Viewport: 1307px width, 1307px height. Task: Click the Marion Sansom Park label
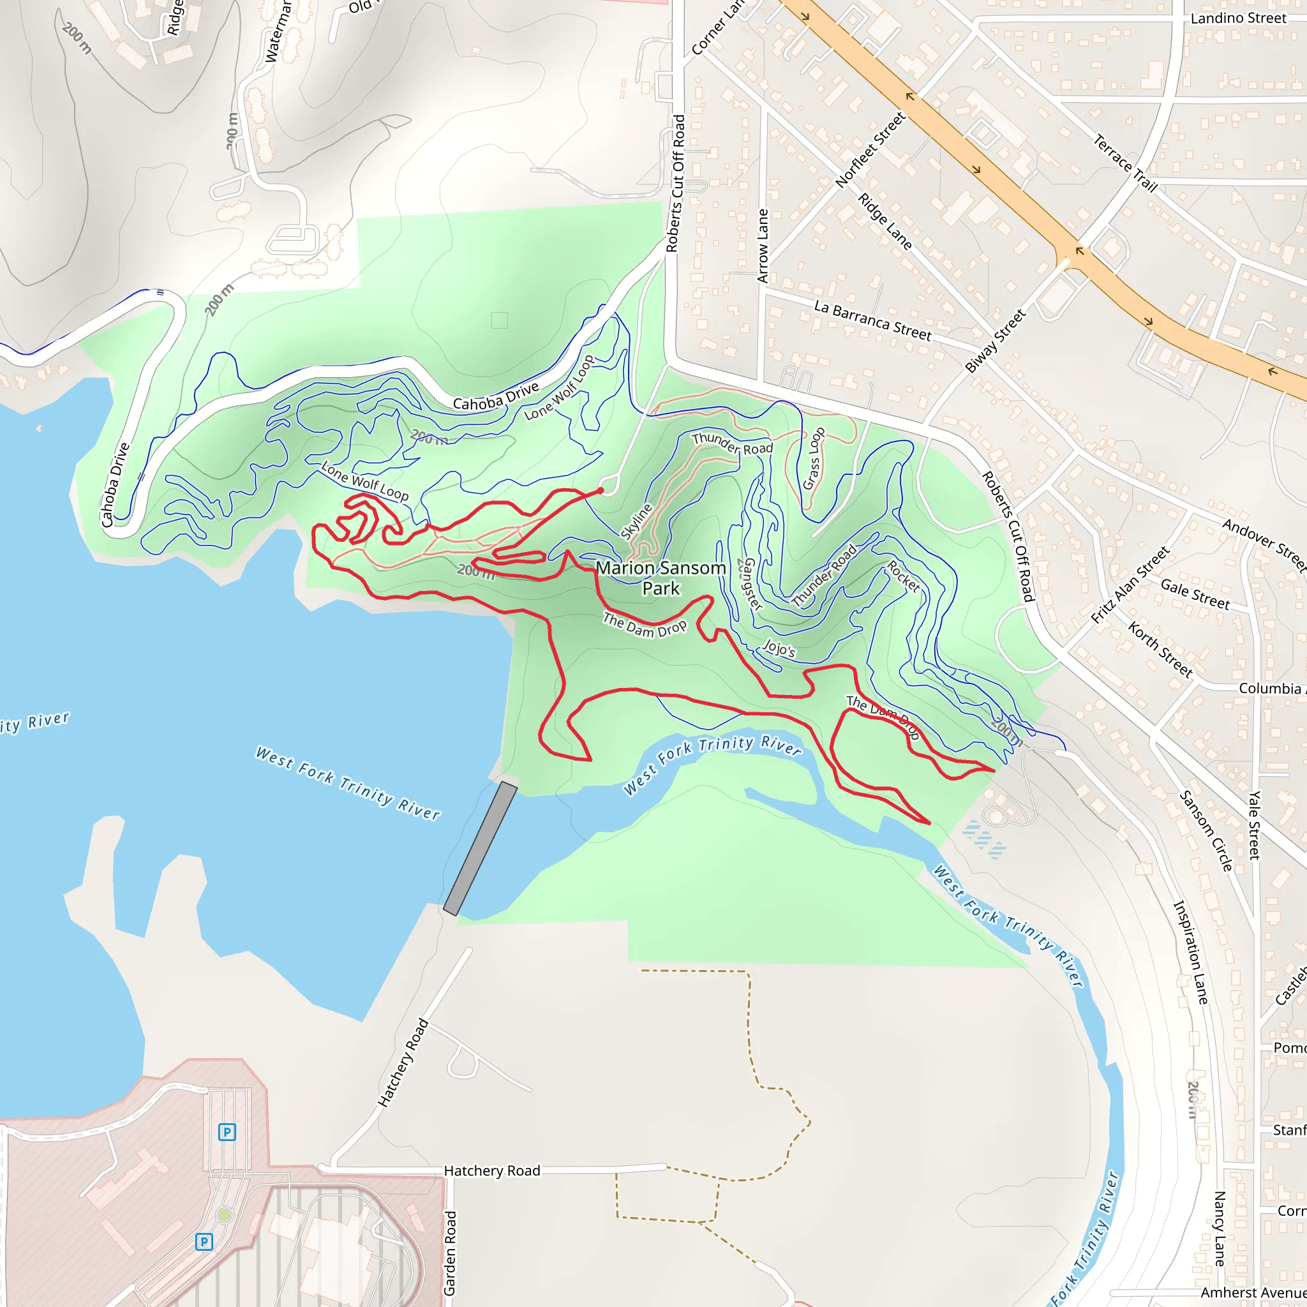(x=661, y=578)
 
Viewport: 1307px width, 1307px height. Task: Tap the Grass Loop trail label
(x=814, y=458)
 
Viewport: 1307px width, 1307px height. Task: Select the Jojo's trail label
(x=779, y=648)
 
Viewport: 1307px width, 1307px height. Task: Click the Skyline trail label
(x=636, y=521)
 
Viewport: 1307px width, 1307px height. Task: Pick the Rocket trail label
(x=904, y=576)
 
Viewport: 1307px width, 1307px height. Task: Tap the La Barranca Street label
(x=872, y=320)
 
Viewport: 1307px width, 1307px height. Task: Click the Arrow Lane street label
(x=763, y=246)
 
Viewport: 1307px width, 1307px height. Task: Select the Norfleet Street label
(x=870, y=150)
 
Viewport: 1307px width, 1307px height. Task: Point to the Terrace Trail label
(x=1126, y=163)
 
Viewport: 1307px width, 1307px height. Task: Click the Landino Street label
(x=1238, y=19)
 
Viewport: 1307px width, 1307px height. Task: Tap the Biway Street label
(x=995, y=341)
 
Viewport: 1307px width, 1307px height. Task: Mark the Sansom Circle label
(x=1206, y=830)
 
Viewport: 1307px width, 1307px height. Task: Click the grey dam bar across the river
(x=481, y=848)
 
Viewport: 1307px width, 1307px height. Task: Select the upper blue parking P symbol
(x=227, y=1131)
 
